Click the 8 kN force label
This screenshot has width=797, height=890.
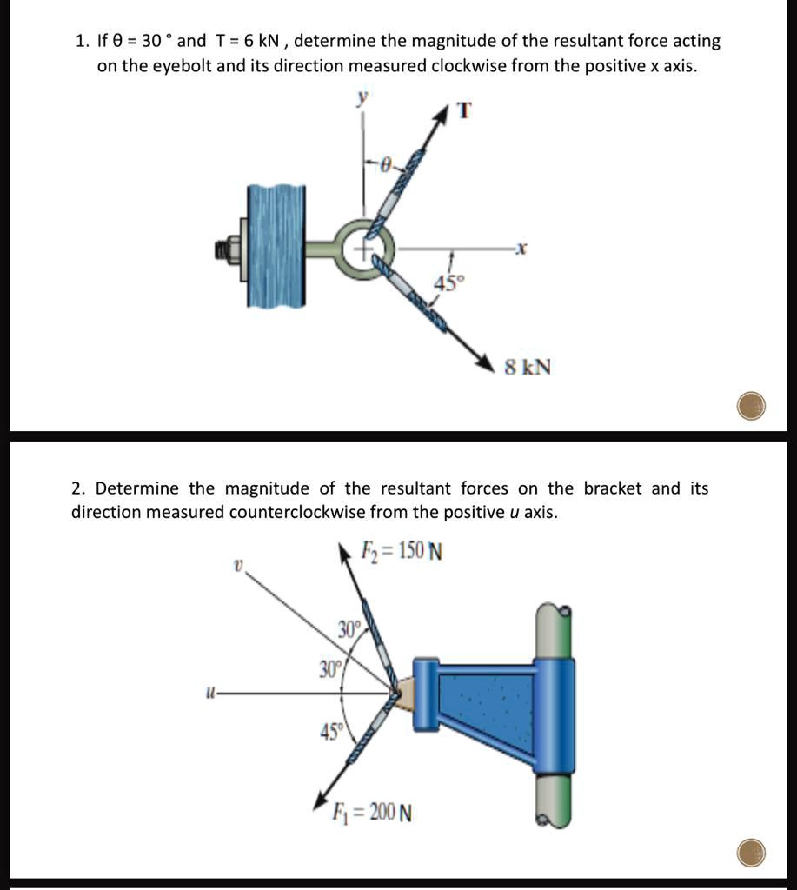(x=528, y=367)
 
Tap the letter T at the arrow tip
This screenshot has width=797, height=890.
(x=464, y=110)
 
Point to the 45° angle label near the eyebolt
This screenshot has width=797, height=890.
(x=450, y=282)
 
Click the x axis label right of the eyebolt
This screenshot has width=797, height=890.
(x=520, y=249)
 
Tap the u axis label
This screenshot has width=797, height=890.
(x=209, y=694)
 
